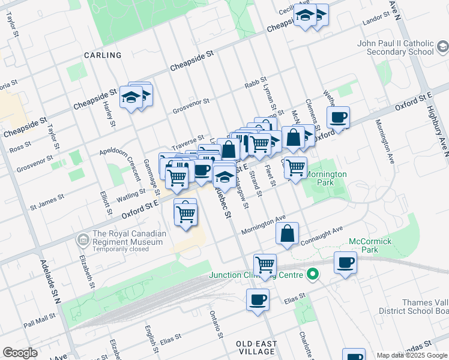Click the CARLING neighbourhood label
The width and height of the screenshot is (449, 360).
click(x=103, y=55)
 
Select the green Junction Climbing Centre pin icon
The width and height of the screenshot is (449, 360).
click(x=312, y=275)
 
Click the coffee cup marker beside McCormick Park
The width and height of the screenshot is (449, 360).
click(x=346, y=263)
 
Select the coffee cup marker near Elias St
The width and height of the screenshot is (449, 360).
click(x=258, y=299)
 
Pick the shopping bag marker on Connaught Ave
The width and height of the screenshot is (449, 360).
click(x=288, y=233)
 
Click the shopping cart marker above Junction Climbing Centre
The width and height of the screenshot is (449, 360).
click(x=264, y=264)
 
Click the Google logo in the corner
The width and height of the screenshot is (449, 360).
click(x=20, y=353)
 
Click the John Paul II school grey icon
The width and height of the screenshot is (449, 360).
click(x=442, y=47)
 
